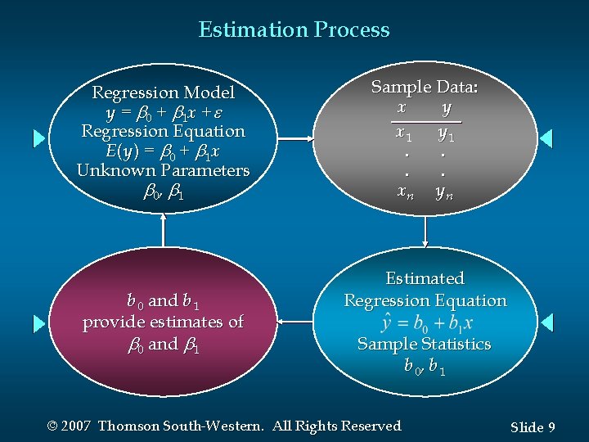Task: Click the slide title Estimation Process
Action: (294, 30)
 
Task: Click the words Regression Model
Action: (163, 92)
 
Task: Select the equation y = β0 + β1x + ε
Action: (163, 112)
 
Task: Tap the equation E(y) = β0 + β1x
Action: (163, 151)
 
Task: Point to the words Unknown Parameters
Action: (163, 170)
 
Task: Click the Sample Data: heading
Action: (425, 87)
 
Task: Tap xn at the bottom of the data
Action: (404, 192)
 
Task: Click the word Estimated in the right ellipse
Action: (425, 278)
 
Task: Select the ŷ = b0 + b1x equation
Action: (425, 322)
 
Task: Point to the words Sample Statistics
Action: (425, 344)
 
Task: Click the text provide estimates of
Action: (163, 322)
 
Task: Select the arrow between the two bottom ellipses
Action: (295, 322)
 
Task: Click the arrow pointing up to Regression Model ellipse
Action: (164, 229)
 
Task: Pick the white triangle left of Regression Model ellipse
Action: (39, 138)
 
